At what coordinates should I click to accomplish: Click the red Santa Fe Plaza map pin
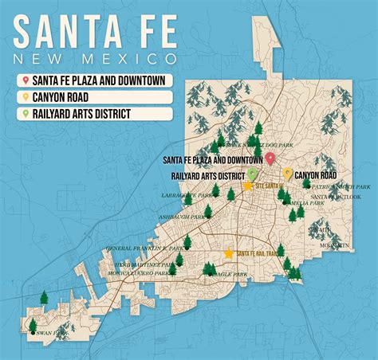(270, 158)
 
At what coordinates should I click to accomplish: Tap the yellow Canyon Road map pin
(287, 173)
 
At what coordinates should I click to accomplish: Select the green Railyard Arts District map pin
(252, 173)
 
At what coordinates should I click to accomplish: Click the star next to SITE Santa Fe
(248, 186)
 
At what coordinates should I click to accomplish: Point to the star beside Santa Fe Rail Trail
(229, 253)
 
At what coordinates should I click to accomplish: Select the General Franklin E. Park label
(144, 248)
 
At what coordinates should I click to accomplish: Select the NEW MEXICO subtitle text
(96, 60)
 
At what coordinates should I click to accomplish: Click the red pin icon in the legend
(26, 80)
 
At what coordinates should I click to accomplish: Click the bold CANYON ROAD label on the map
(316, 174)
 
